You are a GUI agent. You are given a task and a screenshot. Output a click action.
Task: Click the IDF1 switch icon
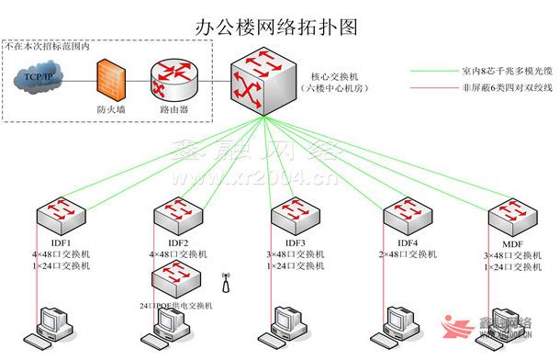pyautogui.click(x=59, y=213)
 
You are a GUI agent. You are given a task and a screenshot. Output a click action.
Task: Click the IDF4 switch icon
pyautogui.click(x=405, y=213)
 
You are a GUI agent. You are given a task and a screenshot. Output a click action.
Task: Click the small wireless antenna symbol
pyautogui.click(x=224, y=276)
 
